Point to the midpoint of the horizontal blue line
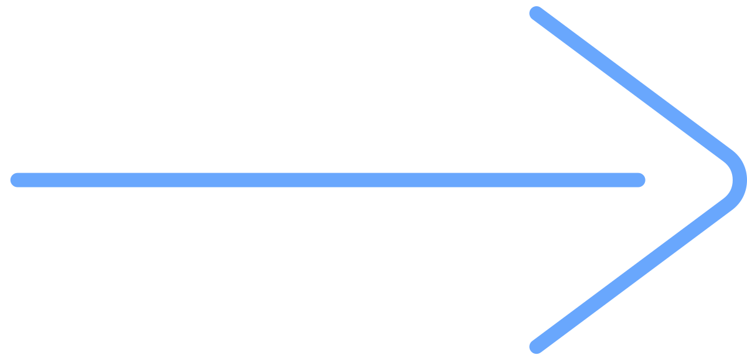click(327, 180)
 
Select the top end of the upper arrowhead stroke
click(536, 13)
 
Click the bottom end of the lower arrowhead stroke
click(536, 346)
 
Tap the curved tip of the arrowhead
click(739, 180)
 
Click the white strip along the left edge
click(4, 180)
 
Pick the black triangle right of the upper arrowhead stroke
click(697, 50)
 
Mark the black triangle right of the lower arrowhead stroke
click(697, 311)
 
